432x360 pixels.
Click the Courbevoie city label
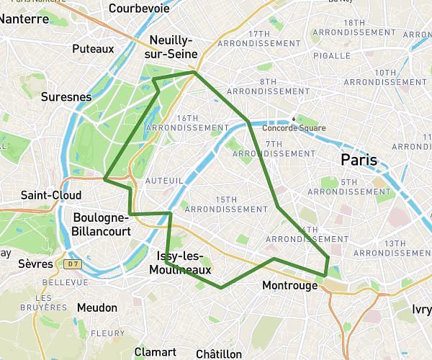(140, 9)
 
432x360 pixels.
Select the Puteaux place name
(94, 49)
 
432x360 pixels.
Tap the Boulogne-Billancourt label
(102, 225)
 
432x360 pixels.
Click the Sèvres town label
(37, 264)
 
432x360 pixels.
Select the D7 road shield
(72, 264)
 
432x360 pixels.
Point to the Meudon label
(96, 307)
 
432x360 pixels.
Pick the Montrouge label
(290, 286)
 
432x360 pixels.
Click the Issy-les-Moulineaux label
(180, 264)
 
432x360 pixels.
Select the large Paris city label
(359, 160)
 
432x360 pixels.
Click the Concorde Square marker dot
(294, 119)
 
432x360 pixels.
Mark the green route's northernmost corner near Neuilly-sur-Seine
(194, 72)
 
